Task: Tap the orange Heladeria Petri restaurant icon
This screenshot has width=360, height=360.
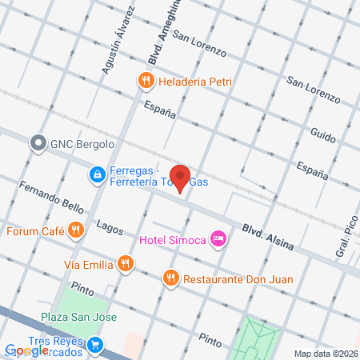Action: point(145,80)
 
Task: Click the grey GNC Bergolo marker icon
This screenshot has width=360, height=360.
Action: point(38,144)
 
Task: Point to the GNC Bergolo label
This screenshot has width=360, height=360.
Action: point(82,144)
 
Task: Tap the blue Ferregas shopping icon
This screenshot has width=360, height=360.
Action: point(96,173)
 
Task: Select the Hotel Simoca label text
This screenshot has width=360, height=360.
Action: point(173,239)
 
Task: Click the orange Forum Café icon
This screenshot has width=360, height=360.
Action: point(75,231)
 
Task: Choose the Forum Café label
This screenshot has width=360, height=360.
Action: point(35,232)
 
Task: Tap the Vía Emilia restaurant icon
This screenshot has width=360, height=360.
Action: point(124,262)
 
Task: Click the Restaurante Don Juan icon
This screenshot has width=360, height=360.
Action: point(170,279)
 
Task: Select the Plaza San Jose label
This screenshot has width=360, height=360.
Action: point(78,317)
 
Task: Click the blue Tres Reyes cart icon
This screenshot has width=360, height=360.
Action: point(96,345)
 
